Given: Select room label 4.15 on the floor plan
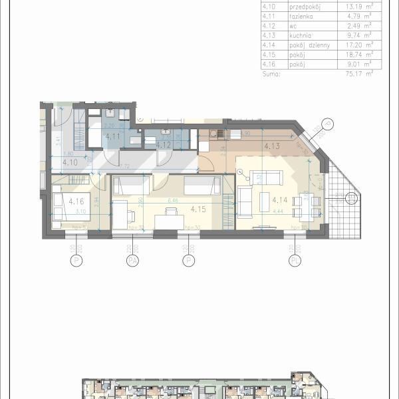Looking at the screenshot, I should pyautogui.click(x=197, y=209).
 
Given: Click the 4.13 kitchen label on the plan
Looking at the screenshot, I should pyautogui.click(x=271, y=146).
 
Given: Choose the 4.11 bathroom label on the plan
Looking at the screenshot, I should pyautogui.click(x=113, y=137).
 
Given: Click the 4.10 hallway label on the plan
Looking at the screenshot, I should pyautogui.click(x=70, y=162).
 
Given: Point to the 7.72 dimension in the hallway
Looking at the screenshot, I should pyautogui.click(x=124, y=167).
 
